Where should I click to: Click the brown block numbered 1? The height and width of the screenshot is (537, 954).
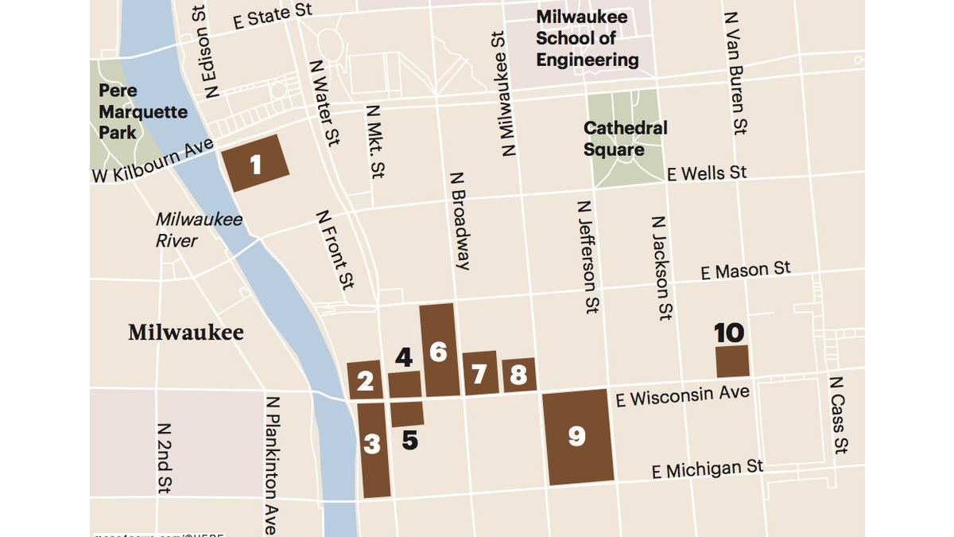256,163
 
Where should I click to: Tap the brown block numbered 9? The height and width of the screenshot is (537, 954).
578,436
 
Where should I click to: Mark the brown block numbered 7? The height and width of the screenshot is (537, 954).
479,373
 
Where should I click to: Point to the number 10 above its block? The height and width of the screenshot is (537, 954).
729,333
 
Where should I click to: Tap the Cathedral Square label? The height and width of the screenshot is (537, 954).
625,138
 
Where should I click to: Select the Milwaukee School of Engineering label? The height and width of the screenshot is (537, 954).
587,38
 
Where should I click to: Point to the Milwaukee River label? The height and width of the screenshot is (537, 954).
199,229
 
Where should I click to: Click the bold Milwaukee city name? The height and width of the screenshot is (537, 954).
186,333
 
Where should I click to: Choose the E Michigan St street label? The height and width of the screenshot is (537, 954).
708,469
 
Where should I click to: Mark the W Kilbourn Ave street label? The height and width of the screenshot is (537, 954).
153,160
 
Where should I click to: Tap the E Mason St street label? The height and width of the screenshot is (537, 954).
746,270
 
